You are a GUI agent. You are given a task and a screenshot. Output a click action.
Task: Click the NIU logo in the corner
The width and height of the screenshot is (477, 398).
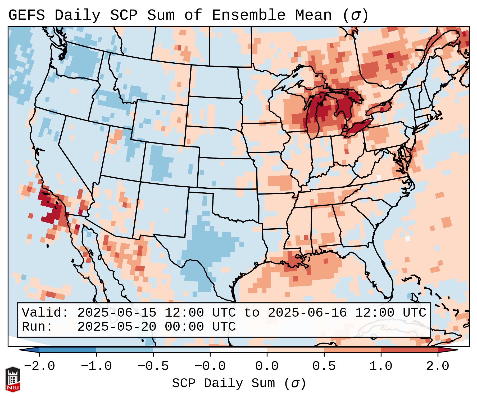[13, 379]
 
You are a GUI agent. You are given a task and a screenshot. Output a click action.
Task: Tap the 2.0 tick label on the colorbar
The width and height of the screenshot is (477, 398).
[438, 366]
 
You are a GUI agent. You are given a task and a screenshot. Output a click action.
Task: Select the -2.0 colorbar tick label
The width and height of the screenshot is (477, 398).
[39, 366]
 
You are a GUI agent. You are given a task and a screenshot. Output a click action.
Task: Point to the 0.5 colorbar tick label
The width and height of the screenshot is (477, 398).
[324, 366]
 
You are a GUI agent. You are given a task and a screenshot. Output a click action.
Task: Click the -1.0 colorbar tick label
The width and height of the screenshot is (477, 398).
[96, 366]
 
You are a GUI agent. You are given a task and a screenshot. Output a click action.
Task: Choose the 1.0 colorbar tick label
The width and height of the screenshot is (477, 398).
[381, 366]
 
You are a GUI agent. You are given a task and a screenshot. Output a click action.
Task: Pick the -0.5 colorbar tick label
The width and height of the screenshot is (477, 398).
[153, 366]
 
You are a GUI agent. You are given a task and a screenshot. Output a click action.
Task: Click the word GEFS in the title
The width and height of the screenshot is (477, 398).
[26, 15]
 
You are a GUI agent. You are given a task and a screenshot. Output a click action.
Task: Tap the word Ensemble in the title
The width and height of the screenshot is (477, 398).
[248, 15]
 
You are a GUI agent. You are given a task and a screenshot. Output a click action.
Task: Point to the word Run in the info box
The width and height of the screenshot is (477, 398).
[37, 327]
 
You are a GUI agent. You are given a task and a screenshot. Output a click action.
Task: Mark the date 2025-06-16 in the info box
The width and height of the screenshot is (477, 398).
[307, 313]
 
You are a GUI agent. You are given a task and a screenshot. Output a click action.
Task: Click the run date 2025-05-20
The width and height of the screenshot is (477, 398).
[117, 327]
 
